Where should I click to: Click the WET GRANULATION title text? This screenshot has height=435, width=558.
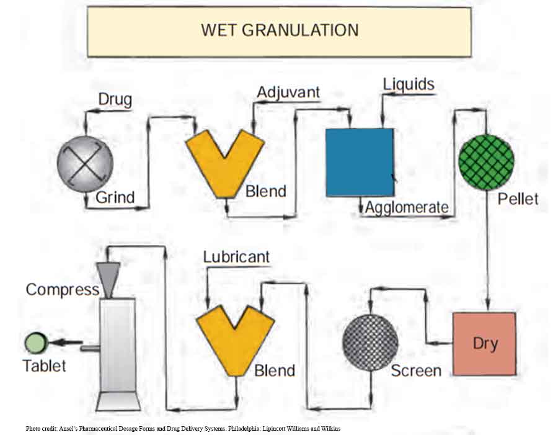[280, 30]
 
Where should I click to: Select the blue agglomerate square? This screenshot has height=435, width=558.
[360, 162]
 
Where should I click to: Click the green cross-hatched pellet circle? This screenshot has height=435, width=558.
[486, 163]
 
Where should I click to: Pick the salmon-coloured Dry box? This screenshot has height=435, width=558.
[484, 344]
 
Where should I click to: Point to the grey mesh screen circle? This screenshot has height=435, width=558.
[370, 343]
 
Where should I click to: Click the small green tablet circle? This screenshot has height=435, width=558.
[35, 343]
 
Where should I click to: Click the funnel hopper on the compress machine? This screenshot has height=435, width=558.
[110, 277]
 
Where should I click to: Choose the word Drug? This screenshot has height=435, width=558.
[115, 99]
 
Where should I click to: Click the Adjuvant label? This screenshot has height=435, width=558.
[288, 92]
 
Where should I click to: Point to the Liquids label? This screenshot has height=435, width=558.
[409, 84]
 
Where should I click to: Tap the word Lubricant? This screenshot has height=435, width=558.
[236, 256]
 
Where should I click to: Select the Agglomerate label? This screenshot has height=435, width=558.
[407, 207]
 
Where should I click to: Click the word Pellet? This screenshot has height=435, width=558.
[518, 199]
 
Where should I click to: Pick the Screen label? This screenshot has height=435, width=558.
[416, 370]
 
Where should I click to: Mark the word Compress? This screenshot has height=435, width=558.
[62, 289]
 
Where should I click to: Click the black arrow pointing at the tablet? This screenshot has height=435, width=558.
[66, 343]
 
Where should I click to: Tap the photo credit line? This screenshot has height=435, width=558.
[184, 428]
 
